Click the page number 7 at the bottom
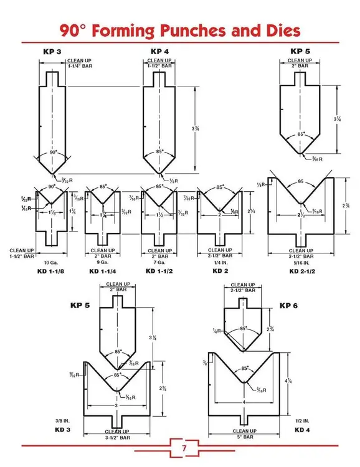click(184, 448)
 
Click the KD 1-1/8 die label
click(52, 271)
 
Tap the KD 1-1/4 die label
click(103, 271)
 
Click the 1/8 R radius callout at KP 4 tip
click(173, 181)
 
